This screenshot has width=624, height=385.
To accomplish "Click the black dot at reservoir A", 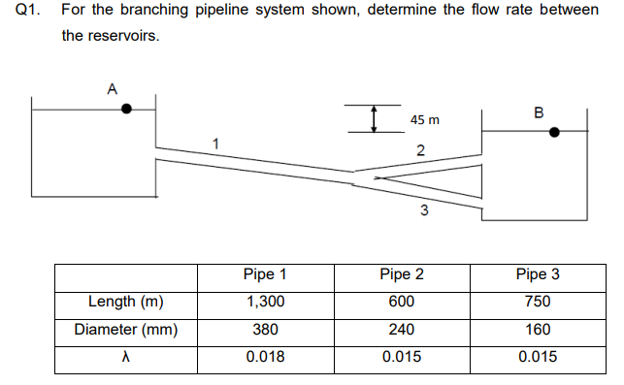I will (x=127, y=110).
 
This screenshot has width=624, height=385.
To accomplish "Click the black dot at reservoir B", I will (x=554, y=132).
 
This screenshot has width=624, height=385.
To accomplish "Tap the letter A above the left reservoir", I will (x=112, y=88).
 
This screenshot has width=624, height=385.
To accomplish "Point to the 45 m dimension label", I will (x=424, y=120).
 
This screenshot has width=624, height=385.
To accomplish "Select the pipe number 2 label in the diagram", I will (x=419, y=149).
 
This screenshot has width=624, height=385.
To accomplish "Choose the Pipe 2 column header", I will (x=402, y=273).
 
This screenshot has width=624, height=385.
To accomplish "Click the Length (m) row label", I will (x=125, y=301).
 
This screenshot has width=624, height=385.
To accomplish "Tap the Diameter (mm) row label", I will (x=125, y=329).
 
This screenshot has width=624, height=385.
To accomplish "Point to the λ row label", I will (x=125, y=357).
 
